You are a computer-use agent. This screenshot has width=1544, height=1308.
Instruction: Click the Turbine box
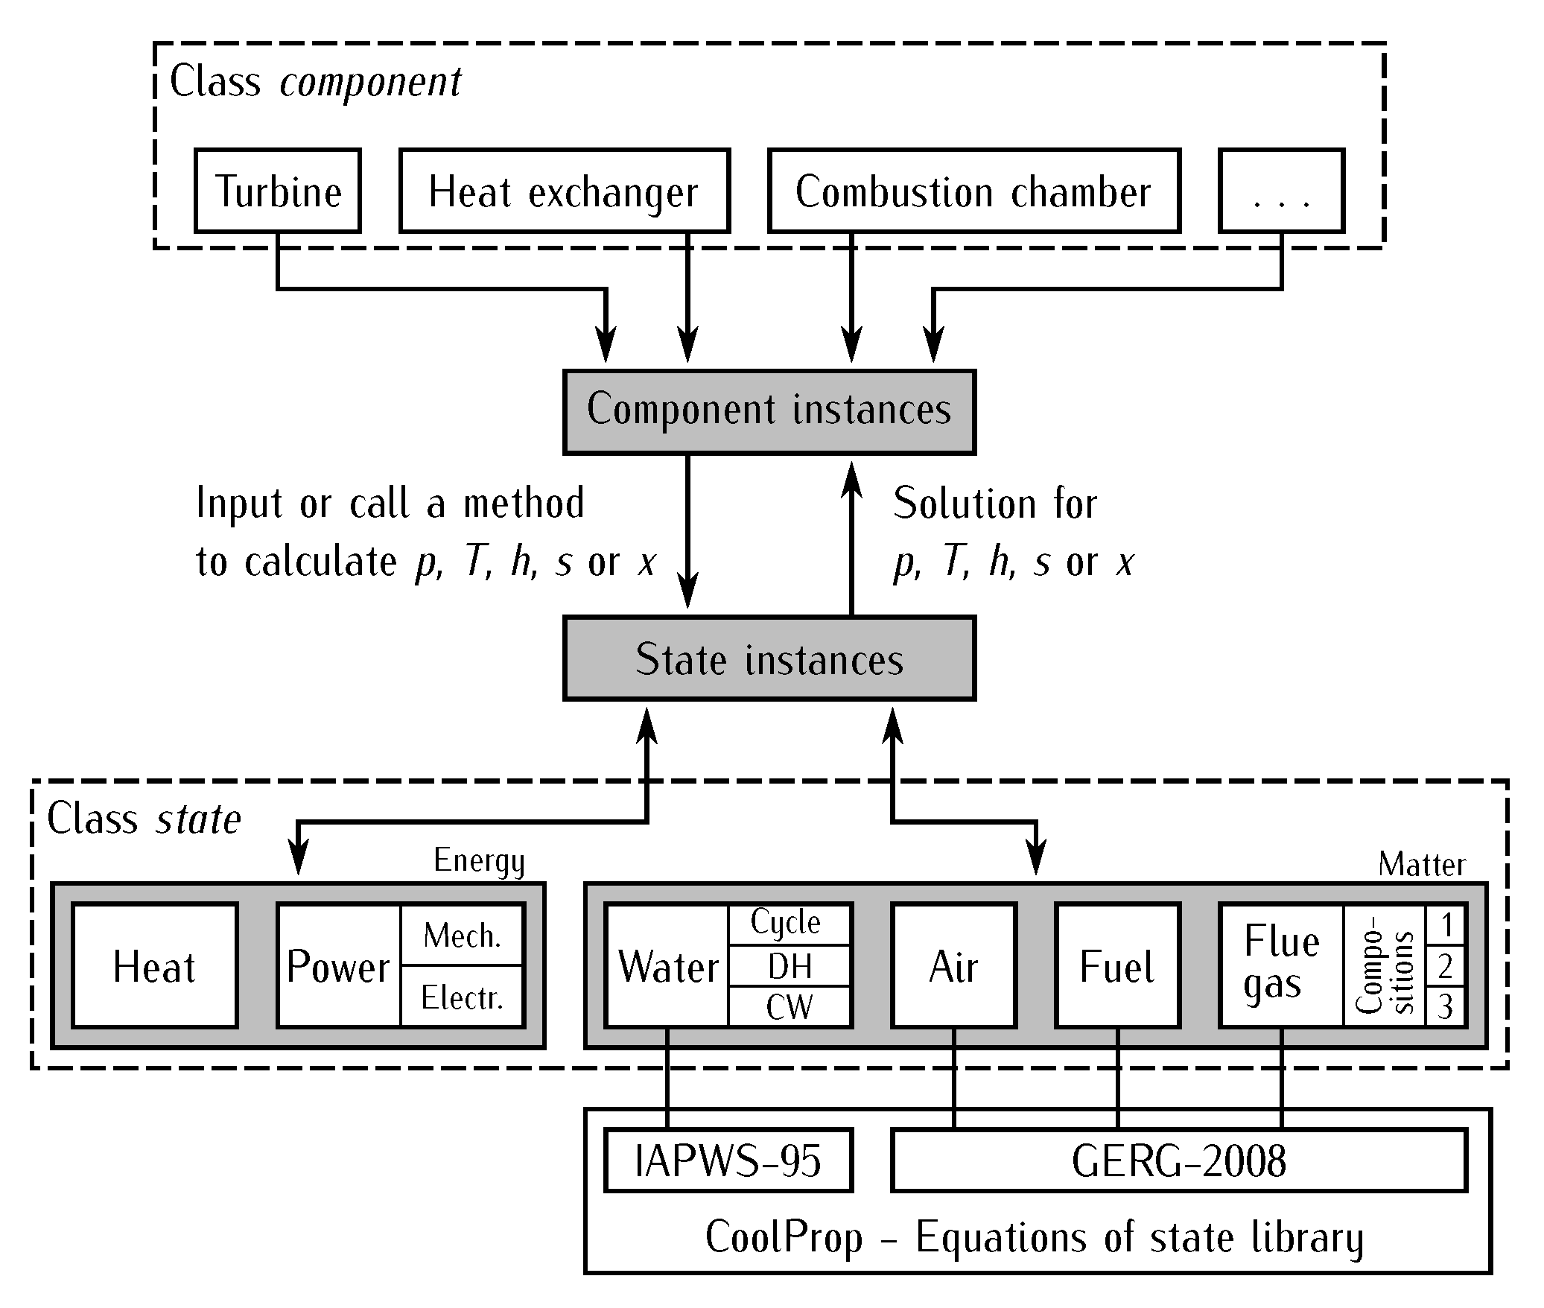[x=278, y=191]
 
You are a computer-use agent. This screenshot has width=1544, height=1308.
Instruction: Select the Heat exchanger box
[x=564, y=191]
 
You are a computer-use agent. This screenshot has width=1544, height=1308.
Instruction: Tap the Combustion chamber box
[x=973, y=191]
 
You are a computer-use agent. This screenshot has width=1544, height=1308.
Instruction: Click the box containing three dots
[x=1281, y=191]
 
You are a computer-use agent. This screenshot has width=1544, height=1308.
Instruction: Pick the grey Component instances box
[x=769, y=411]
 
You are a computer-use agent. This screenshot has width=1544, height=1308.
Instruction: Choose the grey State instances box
[x=769, y=658]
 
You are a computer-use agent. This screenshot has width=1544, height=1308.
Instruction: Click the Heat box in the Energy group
[x=154, y=966]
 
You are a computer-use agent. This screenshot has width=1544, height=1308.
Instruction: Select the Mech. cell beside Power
[x=462, y=936]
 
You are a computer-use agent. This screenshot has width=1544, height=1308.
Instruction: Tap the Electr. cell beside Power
[x=462, y=997]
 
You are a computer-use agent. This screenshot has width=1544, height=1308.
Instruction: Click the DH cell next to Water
[x=789, y=967]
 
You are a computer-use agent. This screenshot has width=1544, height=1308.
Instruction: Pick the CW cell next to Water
[x=789, y=1007]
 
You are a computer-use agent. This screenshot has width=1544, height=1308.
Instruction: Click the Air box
[x=953, y=966]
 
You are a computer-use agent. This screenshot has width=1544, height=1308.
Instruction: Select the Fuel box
[x=1116, y=966]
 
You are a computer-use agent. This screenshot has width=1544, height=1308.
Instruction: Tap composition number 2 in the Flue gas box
[x=1446, y=967]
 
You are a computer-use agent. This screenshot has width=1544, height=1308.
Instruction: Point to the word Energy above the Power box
[x=479, y=861]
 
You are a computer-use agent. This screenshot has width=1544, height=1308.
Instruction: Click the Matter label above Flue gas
[x=1421, y=865]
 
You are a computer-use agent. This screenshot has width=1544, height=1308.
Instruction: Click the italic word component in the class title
[x=370, y=82]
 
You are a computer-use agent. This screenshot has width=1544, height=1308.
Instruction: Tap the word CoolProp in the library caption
[x=784, y=1237]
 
